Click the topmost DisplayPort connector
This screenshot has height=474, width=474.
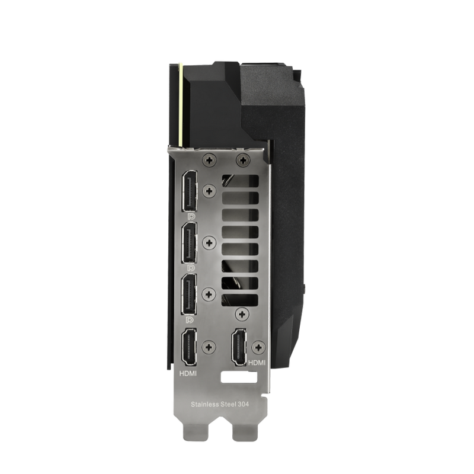click(x=189, y=191)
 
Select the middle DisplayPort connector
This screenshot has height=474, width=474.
click(x=189, y=243)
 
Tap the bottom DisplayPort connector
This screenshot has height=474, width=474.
click(x=189, y=294)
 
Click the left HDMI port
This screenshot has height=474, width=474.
click(x=188, y=348)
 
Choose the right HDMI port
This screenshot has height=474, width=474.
click(x=239, y=347)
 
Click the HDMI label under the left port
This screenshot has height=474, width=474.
click(x=188, y=374)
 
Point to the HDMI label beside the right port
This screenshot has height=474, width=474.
click(x=257, y=363)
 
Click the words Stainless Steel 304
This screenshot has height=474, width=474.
click(x=220, y=404)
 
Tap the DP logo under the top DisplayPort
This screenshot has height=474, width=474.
click(x=191, y=216)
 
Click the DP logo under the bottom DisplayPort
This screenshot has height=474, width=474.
click(x=191, y=320)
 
